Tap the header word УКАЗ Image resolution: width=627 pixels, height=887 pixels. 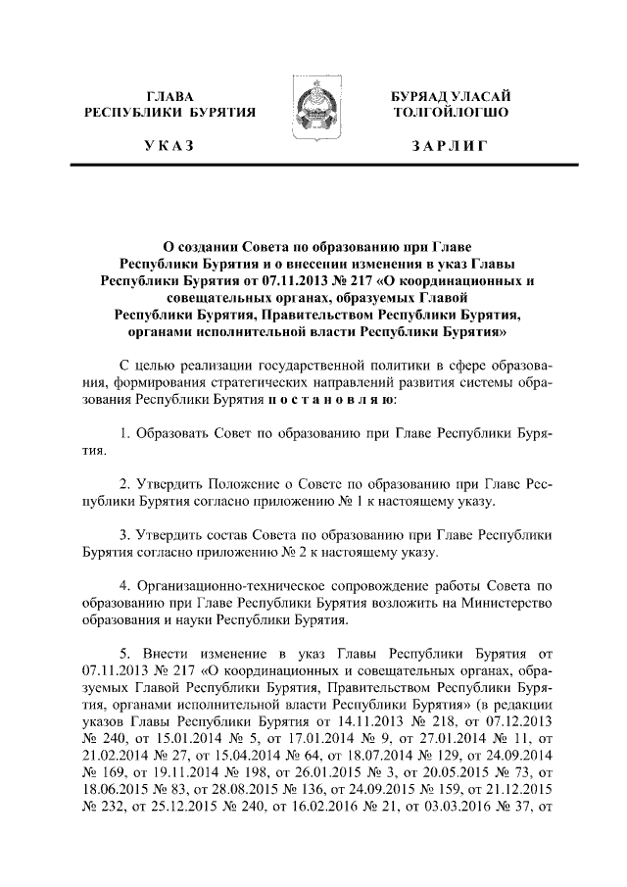[169, 146]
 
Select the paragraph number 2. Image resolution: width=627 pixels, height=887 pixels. [123, 484]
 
